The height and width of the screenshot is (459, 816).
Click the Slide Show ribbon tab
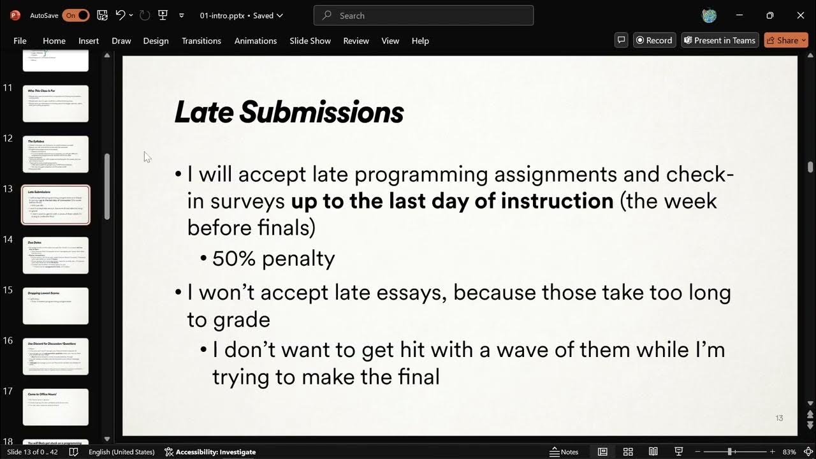tap(310, 41)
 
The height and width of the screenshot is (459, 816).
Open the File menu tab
tap(20, 41)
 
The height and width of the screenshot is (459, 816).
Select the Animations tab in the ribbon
tap(255, 41)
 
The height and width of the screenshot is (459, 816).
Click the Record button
tap(654, 40)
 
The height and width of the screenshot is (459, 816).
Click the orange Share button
tap(786, 40)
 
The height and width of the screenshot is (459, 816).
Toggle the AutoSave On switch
tap(75, 15)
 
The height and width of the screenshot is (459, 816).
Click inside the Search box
tap(423, 15)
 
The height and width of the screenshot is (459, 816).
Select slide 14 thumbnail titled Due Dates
tap(55, 255)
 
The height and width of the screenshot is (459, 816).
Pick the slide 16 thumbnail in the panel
tap(55, 356)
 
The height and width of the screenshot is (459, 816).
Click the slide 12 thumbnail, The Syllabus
tap(55, 154)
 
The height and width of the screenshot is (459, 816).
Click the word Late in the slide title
tap(203, 113)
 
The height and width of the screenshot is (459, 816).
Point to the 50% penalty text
tap(273, 258)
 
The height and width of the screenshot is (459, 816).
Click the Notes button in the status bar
tap(564, 452)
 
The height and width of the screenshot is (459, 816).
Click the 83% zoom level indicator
tap(789, 452)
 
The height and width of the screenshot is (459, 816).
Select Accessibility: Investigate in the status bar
tap(210, 452)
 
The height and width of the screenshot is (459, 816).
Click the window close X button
tap(801, 15)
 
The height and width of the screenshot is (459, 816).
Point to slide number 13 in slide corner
tap(779, 418)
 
